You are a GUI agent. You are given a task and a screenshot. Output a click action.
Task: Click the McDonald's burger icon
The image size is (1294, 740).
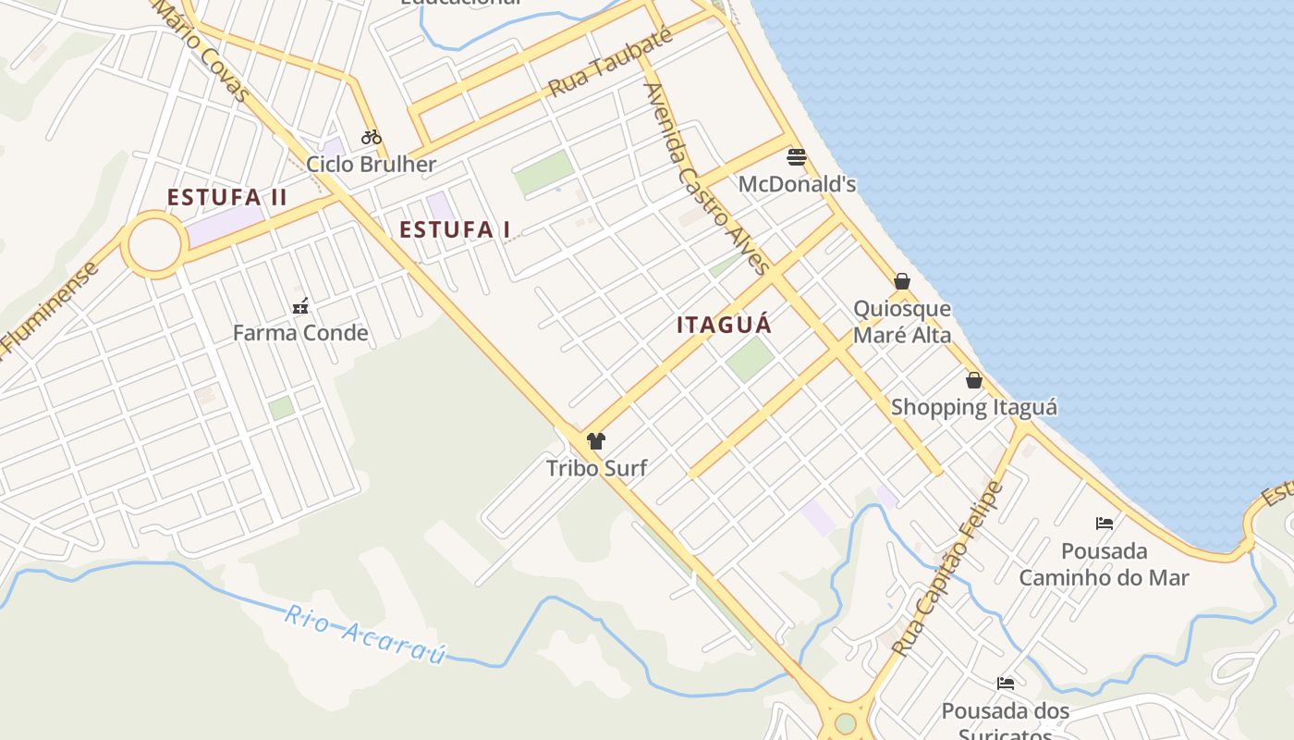coord(796,156)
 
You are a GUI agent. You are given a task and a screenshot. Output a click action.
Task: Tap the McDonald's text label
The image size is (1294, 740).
coord(797,184)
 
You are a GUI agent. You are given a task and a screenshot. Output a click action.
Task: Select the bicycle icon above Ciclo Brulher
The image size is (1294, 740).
coord(372,137)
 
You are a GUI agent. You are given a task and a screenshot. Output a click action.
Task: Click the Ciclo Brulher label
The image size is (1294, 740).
coord(372,165)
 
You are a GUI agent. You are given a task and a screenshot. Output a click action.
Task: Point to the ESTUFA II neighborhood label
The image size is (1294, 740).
coord(227,197)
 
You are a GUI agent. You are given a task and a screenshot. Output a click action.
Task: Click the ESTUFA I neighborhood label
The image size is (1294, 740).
coord(455,229)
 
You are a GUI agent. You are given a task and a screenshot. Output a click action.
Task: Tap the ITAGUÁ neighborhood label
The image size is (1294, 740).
coord(724,325)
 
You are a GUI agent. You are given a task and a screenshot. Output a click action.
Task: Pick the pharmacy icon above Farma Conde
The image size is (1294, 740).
coord(300,306)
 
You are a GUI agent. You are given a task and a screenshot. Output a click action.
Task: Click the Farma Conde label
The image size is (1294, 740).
coord(300,333)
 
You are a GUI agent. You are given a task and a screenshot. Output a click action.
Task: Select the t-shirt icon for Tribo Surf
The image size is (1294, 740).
coord(596,441)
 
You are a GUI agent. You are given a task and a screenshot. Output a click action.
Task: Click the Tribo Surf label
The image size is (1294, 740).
coord(596,468)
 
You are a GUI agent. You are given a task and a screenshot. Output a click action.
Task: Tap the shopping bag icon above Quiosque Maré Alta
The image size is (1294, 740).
coord(902,281)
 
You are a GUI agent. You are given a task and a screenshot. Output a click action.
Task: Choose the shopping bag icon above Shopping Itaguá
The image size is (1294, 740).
coord(974,380)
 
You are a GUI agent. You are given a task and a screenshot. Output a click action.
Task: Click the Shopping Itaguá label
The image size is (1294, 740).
coord(974,407)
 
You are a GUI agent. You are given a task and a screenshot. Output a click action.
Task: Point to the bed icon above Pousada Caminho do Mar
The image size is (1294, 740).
coord(1105,524)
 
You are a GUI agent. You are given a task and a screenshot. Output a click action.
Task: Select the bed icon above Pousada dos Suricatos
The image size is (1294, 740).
coord(1006,684)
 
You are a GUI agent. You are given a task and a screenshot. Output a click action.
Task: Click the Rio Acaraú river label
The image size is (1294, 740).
coord(366,634)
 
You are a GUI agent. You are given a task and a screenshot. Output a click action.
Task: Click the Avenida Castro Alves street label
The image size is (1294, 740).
coord(707,179)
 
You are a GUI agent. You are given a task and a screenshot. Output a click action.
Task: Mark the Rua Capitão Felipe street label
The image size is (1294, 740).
coord(948,569)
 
